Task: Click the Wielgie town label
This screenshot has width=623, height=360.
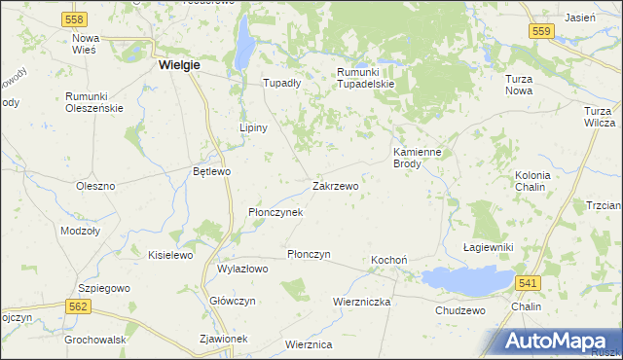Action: point(178,65)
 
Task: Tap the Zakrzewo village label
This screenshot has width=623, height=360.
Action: point(335,185)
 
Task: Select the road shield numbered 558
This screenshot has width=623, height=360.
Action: point(74,18)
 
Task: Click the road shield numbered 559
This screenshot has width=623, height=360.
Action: point(542,32)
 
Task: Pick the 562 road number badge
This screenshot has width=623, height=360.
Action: point(80,306)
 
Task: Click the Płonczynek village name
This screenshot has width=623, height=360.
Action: point(275,212)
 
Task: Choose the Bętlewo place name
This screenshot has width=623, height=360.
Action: point(211,171)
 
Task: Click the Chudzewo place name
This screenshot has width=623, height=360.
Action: point(459,310)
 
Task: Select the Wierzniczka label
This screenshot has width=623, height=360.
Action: point(361,302)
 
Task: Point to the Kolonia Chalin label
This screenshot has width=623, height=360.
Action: point(532,181)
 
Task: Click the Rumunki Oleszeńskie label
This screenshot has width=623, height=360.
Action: point(94,101)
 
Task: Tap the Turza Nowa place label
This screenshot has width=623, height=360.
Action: point(524,84)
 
